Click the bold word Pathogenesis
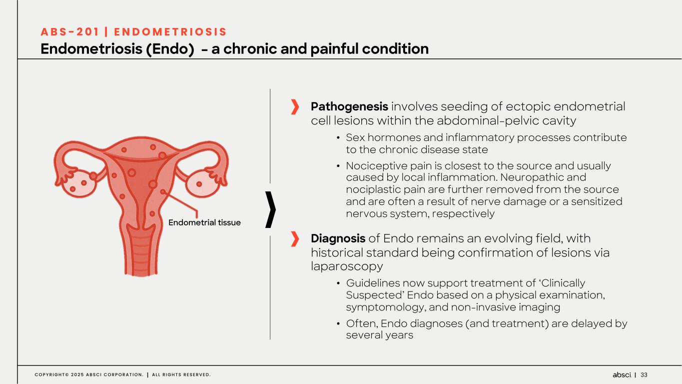(349, 106)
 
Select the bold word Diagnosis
(338, 238)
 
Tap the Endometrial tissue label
(204, 222)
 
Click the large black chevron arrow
(271, 210)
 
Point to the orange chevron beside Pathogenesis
(295, 106)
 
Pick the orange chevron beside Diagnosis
(295, 239)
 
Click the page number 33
(644, 375)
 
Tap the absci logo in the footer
(622, 375)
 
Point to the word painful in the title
(341, 49)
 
